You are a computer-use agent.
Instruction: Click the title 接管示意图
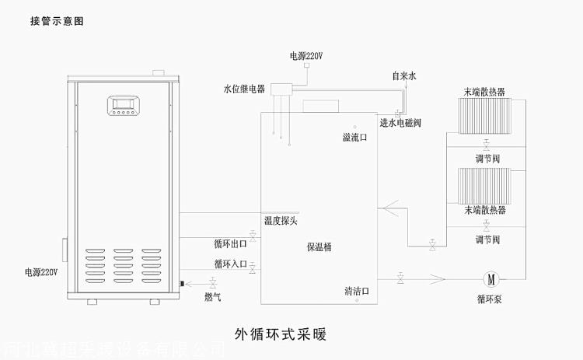pyautogui.click(x=57, y=21)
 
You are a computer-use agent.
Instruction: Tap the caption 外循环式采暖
pyautogui.click(x=280, y=335)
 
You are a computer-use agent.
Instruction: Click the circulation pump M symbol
pyautogui.click(x=490, y=278)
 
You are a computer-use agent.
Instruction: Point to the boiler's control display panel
pyautogui.click(x=123, y=105)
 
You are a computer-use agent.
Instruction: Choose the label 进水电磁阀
pyautogui.click(x=400, y=123)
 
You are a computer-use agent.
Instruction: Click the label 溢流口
pyautogui.click(x=354, y=137)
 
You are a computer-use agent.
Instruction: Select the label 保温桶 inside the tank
pyautogui.click(x=319, y=247)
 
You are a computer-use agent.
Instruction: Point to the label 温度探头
pyautogui.click(x=280, y=220)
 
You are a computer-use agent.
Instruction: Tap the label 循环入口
pyautogui.click(x=231, y=264)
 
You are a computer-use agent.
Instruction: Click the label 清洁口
pyautogui.click(x=357, y=292)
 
